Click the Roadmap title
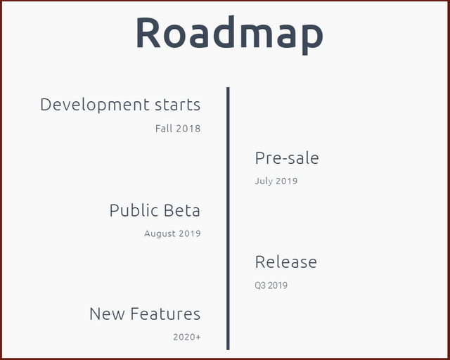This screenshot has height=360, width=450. pos(230,34)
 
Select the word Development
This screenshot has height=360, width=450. pos(95,105)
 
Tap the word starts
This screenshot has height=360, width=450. pos(178,105)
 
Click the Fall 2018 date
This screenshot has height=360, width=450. pos(178,129)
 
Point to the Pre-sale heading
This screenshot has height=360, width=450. pos(287,158)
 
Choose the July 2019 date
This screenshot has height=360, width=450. pos(276,181)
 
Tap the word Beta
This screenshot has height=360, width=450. pos(182,210)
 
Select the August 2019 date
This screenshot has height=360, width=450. pos(172,233)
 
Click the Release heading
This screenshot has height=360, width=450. pos(286,262)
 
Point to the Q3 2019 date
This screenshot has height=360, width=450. pos(271,285)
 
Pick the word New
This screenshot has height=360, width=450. pos(108,314)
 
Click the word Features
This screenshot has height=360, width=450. pos(166,314)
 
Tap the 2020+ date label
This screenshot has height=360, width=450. pos(187,337)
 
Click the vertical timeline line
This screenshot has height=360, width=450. pos(228,219)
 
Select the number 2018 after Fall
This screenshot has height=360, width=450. pos(188,129)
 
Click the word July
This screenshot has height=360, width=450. pos(264,181)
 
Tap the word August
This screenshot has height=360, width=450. pos(160,234)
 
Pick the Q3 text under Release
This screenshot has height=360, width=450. pos(261,285)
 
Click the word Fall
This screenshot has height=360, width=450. pos(164,129)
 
